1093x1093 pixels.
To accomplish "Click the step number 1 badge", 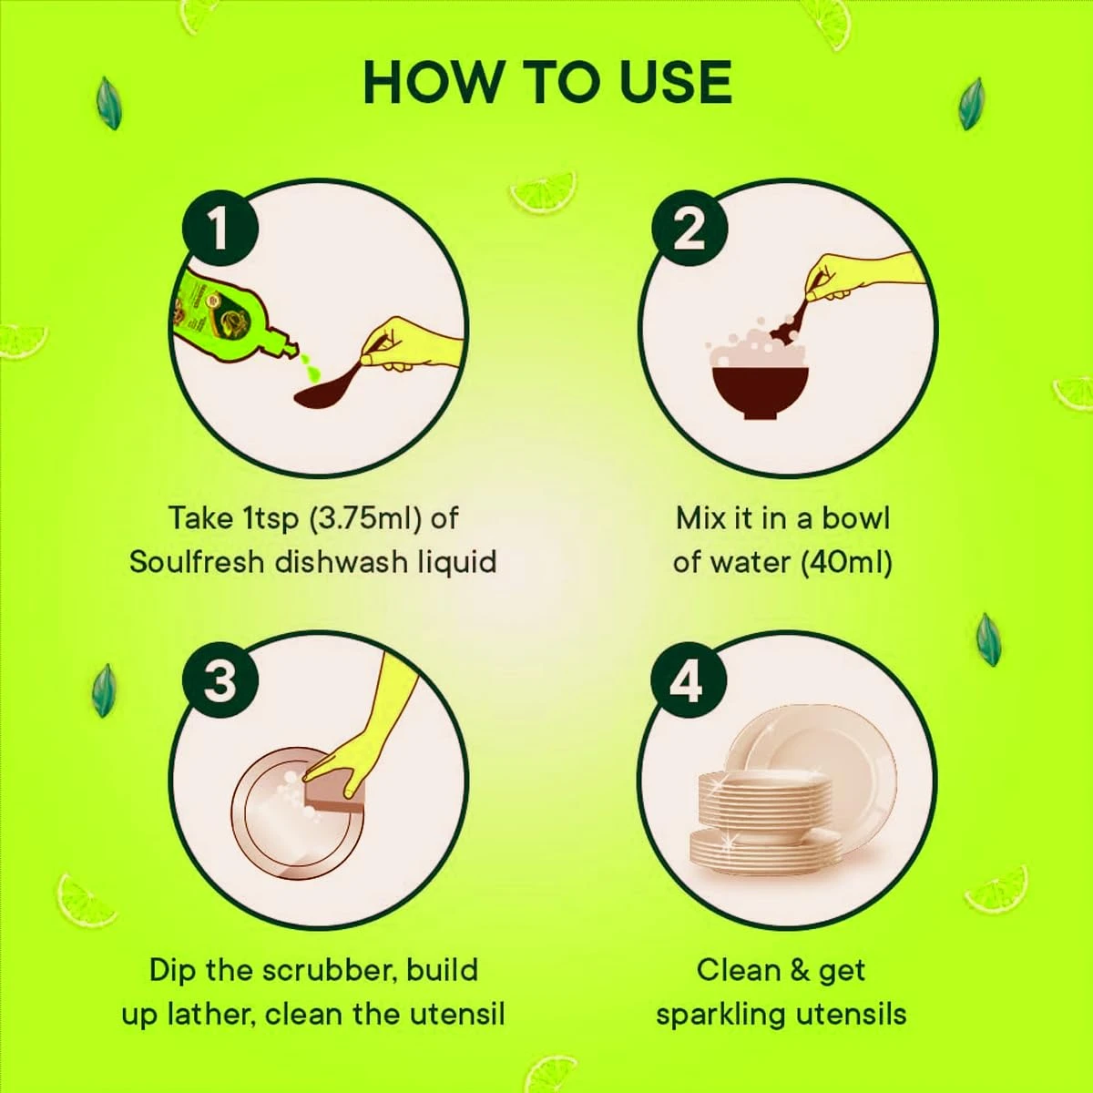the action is [x=220, y=228].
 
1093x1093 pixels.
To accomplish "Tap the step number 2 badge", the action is [x=689, y=228].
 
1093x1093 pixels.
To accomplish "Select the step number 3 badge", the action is [x=220, y=680].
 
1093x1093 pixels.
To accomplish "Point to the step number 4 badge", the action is [x=689, y=680].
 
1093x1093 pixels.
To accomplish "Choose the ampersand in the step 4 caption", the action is [x=793, y=970].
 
